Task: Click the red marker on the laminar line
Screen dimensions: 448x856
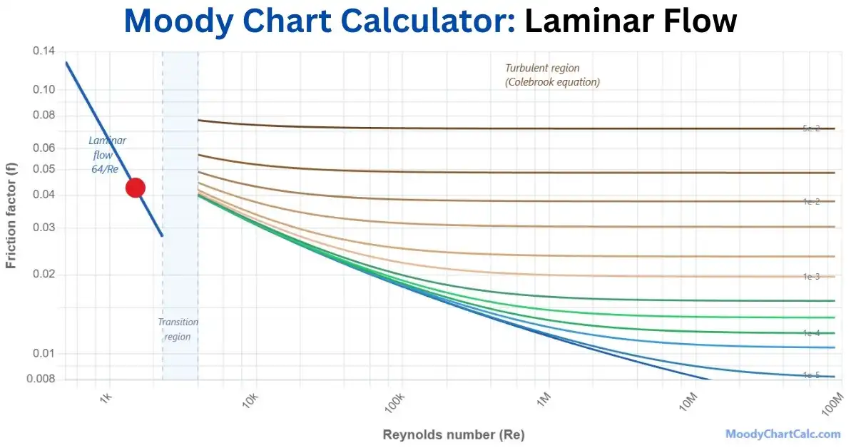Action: coord(136,188)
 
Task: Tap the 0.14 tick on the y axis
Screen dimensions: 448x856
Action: coord(44,51)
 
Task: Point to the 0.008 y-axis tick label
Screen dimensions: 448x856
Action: coord(41,379)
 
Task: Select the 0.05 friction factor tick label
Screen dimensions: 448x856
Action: coord(44,169)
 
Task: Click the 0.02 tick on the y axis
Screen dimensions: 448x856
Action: coord(44,275)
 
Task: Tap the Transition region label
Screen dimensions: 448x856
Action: coord(178,329)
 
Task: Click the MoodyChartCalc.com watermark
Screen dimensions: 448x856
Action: coord(783,434)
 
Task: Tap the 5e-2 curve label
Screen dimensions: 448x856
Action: coord(811,128)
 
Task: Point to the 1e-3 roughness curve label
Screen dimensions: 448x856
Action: coord(811,276)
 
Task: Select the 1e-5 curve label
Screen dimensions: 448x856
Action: coord(811,375)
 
